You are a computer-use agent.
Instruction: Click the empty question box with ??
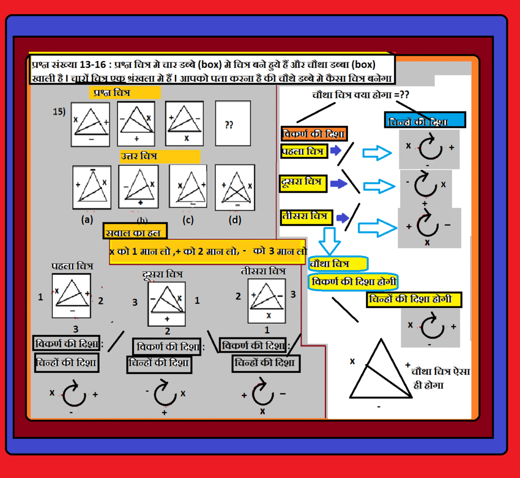coord(233,123)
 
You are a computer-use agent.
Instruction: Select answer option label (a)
coord(87,219)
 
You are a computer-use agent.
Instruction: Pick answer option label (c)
coord(188,220)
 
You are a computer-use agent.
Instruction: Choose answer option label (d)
coord(235,220)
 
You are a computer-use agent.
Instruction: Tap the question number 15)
coord(59,111)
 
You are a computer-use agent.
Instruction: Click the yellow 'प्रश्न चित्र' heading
coord(125,92)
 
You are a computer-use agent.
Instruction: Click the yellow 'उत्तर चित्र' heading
coord(160,156)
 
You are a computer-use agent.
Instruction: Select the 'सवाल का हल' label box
coord(135,231)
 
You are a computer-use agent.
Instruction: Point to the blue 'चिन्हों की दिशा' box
coord(425,120)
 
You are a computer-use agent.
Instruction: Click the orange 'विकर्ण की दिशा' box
coord(314,134)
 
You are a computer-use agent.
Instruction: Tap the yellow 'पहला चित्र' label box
coord(304,151)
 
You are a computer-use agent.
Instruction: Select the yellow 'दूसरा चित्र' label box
coord(303,183)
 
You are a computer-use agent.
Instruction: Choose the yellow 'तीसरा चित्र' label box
coord(306,218)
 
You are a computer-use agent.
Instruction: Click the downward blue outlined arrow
coord(329,241)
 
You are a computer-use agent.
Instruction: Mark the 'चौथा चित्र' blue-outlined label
coord(338,264)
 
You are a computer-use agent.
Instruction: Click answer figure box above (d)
coord(235,188)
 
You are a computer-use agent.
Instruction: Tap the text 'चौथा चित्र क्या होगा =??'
coord(361,95)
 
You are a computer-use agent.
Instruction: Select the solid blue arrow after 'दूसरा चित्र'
coord(339,183)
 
